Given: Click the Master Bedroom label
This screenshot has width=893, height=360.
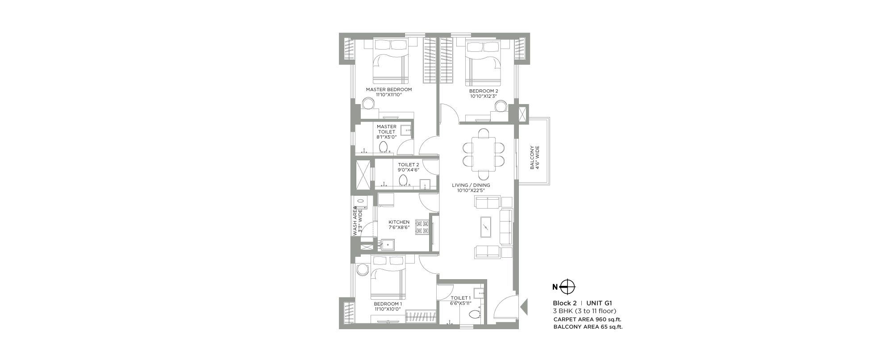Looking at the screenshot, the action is [388, 89].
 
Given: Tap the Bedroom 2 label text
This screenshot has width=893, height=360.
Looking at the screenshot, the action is [484, 91].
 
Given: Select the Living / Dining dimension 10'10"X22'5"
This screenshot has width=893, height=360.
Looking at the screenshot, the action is [471, 191].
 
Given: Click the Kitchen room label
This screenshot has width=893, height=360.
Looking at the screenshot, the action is [399, 222].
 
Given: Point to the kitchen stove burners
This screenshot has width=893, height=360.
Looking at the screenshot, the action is [422, 227].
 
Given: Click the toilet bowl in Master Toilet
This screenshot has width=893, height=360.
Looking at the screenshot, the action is [384, 147].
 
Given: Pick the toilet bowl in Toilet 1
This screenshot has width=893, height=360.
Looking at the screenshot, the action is [473, 314].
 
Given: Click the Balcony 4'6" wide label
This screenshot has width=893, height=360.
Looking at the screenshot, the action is [534, 157].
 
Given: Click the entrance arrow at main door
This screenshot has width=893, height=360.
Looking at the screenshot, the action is [525, 307].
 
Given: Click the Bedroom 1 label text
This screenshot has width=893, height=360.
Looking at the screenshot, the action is [388, 304].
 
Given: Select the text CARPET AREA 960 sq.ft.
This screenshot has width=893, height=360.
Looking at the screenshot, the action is [588, 319].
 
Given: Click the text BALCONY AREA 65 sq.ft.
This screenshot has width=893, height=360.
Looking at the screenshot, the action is [588, 327].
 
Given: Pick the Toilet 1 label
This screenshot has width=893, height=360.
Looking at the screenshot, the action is [461, 298].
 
